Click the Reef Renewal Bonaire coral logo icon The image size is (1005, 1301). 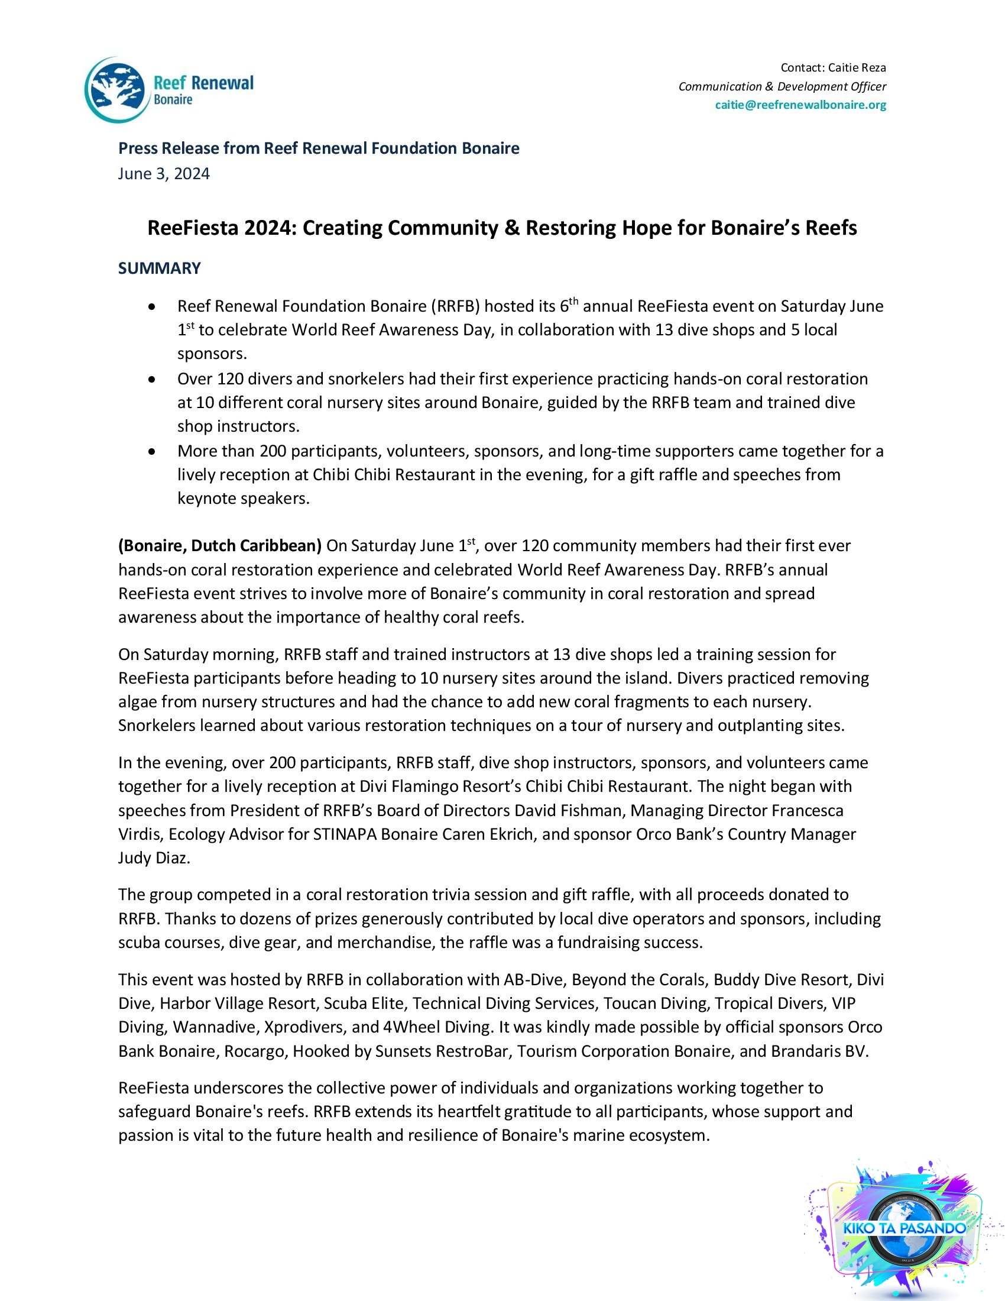click(x=116, y=89)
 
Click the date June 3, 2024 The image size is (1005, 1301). click(x=164, y=173)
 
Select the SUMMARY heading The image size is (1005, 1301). click(x=159, y=268)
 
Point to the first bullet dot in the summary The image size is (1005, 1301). click(x=153, y=307)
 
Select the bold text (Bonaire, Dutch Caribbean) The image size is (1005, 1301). click(x=220, y=546)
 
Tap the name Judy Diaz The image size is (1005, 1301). click(x=154, y=858)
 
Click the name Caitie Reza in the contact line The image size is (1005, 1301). click(x=857, y=67)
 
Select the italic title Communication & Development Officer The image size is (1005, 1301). click(x=782, y=86)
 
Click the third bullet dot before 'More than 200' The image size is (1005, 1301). click(x=153, y=452)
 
